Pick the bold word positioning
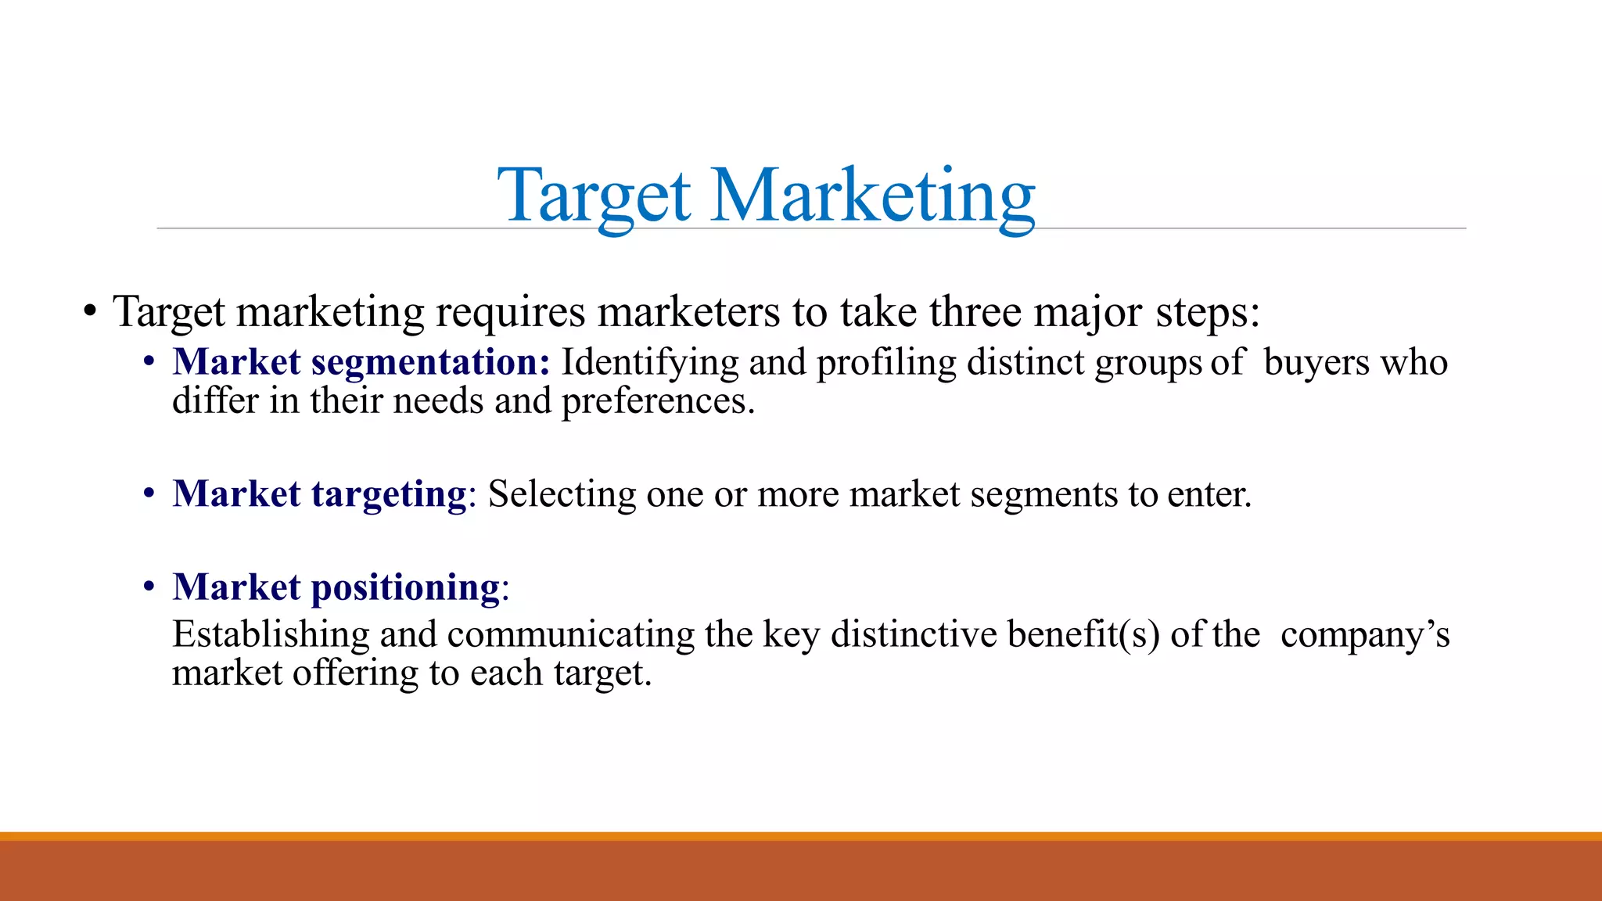click(405, 587)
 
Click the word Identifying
click(650, 363)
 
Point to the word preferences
click(657, 402)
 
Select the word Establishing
click(271, 634)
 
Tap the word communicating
click(570, 634)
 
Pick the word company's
click(1365, 634)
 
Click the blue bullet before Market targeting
click(149, 495)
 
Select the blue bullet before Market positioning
click(149, 587)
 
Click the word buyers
click(1316, 363)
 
